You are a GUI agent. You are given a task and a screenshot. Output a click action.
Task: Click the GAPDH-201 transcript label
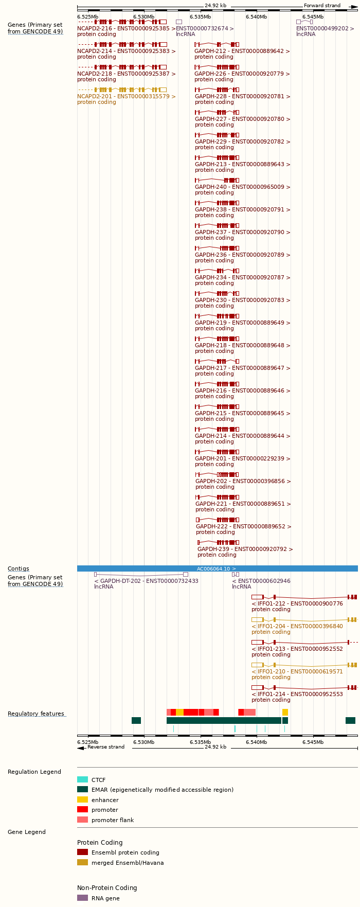point(242,458)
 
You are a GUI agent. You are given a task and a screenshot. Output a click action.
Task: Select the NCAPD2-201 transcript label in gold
point(126,96)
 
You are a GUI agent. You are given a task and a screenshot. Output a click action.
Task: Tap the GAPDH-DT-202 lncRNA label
point(146,581)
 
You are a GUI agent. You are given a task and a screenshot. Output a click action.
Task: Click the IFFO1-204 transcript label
point(297,626)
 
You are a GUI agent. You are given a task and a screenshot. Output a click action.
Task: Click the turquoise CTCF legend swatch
point(82,779)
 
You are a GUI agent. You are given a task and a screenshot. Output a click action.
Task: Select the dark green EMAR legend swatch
point(82,789)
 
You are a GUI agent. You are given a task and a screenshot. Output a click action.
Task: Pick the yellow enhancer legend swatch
point(82,799)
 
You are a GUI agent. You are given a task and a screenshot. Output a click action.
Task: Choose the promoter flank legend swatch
point(82,820)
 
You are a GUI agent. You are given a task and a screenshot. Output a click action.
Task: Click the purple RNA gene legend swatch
point(82,898)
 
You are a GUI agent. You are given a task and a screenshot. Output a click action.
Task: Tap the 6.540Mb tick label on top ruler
point(256,17)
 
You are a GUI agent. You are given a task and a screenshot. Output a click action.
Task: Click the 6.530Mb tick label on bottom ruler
point(143,742)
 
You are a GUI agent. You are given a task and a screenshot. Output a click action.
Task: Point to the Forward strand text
point(322,6)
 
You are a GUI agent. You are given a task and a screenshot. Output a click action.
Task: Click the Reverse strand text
point(105,747)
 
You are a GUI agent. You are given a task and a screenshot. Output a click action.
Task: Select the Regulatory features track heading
point(36,714)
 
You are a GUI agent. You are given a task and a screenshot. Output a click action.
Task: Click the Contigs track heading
point(18,568)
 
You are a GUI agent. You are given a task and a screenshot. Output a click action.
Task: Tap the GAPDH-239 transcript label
point(245,549)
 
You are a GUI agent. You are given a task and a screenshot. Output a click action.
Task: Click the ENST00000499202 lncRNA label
point(325,28)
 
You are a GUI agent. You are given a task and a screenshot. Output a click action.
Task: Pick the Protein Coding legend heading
point(100,843)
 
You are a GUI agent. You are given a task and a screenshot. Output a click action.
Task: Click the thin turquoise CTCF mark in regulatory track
point(235,728)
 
